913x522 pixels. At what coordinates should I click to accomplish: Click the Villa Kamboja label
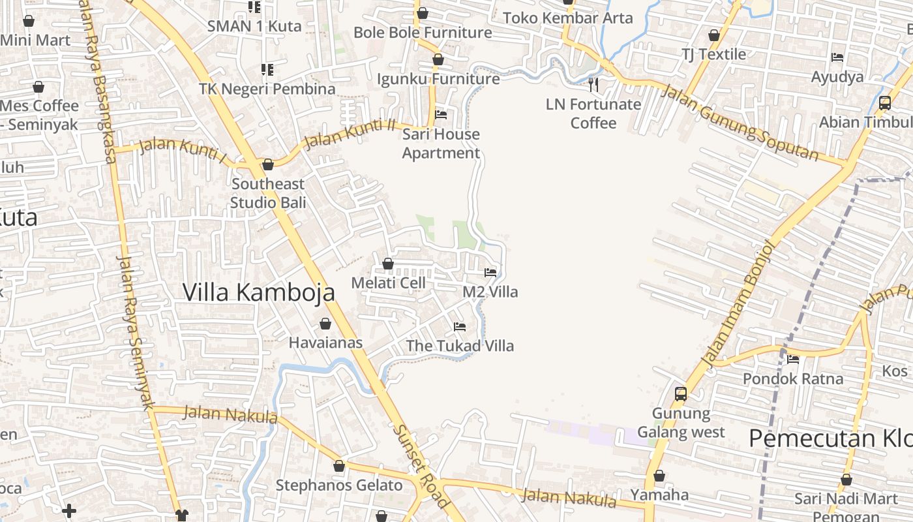[258, 292]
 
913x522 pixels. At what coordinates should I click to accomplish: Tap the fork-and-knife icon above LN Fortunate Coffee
[593, 84]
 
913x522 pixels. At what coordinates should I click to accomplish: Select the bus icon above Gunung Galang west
[681, 393]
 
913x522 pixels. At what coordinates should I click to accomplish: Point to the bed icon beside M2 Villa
[490, 272]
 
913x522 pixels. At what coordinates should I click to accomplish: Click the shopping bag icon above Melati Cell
[388, 264]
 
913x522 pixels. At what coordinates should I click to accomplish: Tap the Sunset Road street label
[421, 466]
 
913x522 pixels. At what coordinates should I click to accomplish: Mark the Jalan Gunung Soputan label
[740, 122]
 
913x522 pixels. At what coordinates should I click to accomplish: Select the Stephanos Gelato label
[339, 485]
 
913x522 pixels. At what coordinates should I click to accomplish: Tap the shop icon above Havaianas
[325, 324]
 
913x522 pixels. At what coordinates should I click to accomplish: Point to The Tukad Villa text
[460, 346]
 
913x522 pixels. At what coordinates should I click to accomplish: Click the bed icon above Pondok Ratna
[793, 359]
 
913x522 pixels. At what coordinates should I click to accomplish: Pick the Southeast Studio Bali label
[268, 193]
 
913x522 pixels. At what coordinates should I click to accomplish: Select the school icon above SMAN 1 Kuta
[254, 7]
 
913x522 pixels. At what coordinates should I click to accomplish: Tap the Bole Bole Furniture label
[423, 32]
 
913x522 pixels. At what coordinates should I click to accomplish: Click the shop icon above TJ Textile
[714, 35]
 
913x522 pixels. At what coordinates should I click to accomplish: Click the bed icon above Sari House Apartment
[441, 115]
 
